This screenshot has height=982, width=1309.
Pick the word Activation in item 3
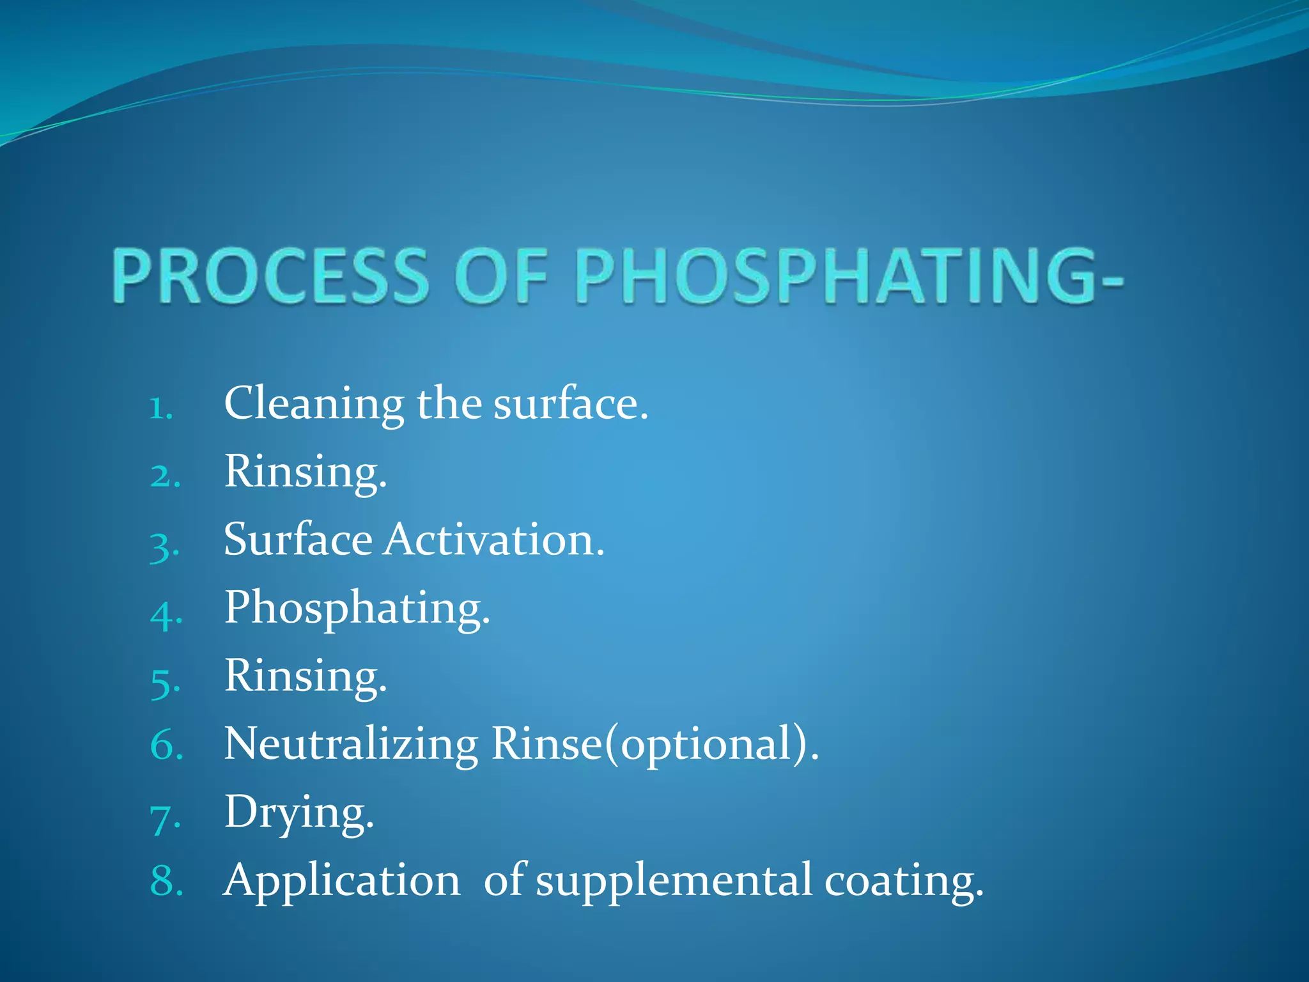493,540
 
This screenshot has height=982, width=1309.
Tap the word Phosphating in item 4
357,609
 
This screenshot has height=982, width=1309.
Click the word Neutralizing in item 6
351,745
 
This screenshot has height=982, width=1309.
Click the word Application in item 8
342,882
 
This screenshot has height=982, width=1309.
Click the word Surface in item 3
298,540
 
